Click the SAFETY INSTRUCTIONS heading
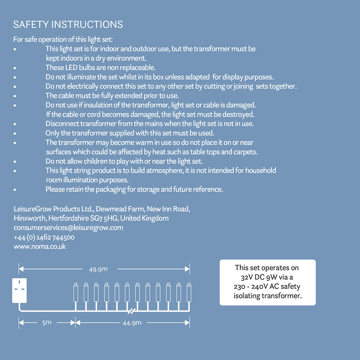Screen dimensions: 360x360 68,24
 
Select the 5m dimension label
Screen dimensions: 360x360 47,323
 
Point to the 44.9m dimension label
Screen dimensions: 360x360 132,323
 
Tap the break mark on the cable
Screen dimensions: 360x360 132,310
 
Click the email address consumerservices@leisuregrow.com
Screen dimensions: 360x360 68,228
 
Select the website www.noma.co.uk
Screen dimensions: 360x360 40,247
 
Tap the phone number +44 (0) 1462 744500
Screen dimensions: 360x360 44,237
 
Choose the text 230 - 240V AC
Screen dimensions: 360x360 256,287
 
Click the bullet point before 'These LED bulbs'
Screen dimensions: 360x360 15,68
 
